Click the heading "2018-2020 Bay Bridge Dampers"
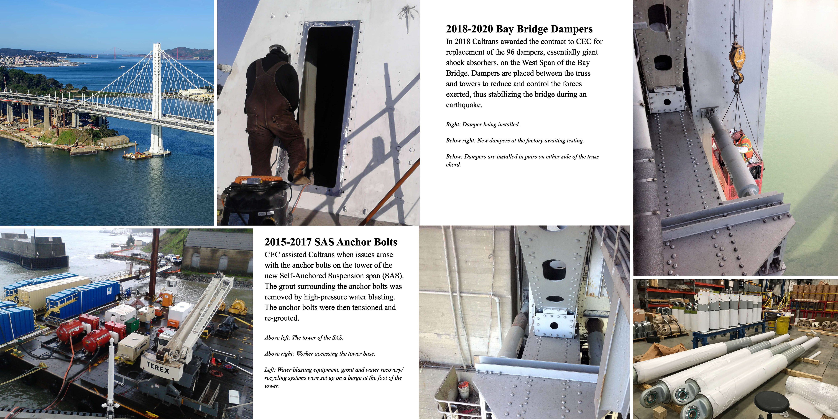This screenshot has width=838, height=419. tap(519, 29)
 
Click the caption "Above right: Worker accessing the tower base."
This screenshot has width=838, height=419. tap(320, 354)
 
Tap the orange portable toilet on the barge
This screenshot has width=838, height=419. tap(167, 299)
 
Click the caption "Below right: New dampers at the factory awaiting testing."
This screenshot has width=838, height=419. tap(515, 140)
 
